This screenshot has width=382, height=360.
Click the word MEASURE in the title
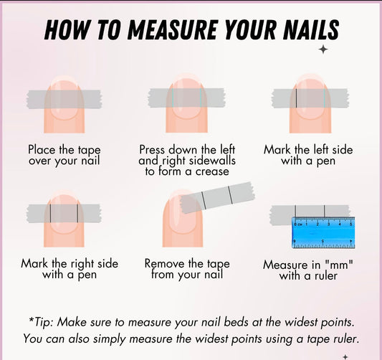point(172,29)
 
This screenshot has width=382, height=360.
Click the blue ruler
point(323,232)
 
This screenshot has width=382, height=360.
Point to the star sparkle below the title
point(323,49)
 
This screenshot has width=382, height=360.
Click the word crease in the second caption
point(212,171)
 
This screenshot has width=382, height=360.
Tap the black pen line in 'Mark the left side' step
point(296,98)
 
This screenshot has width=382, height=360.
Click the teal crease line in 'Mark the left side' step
point(325,98)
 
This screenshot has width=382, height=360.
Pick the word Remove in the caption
point(165,263)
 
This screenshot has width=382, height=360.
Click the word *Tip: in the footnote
point(41,322)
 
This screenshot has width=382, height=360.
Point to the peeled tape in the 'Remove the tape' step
point(217,197)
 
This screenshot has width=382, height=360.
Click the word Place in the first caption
point(42,150)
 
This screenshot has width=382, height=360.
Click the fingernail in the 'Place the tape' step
point(64,99)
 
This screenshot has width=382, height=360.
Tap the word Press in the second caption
point(152,150)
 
